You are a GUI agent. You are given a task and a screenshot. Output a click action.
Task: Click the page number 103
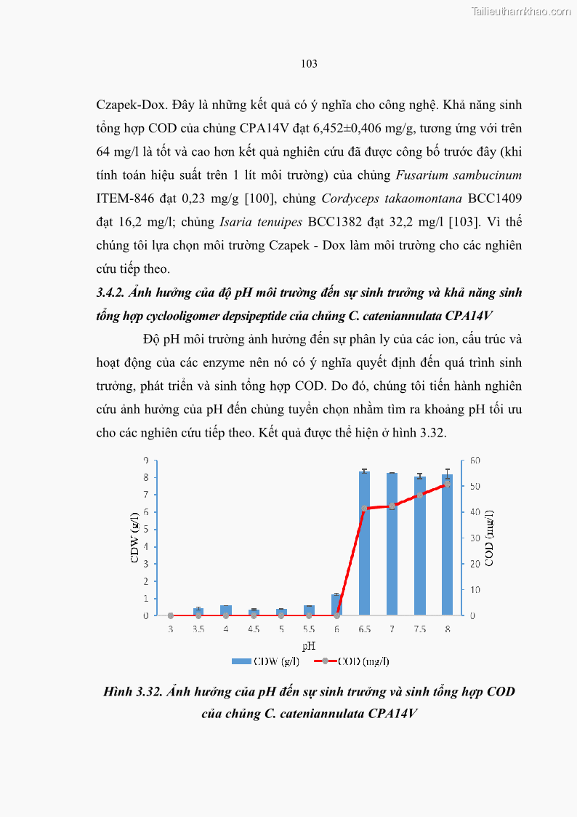pyautogui.click(x=309, y=64)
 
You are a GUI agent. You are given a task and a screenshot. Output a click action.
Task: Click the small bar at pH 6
pyautogui.click(x=336, y=605)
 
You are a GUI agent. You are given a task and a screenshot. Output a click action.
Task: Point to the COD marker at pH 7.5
pyautogui.click(x=419, y=495)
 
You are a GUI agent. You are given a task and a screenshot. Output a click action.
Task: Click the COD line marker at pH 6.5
pyautogui.click(x=364, y=509)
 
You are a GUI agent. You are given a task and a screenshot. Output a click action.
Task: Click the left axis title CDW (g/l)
pyautogui.click(x=134, y=538)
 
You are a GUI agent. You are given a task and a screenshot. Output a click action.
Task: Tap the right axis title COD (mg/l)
pyautogui.click(x=489, y=538)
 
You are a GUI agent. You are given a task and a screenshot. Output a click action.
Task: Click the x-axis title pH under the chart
pyautogui.click(x=309, y=645)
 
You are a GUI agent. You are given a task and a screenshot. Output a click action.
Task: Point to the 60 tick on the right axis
pyautogui.click(x=475, y=461)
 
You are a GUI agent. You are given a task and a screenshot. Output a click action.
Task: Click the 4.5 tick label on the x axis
pyautogui.click(x=254, y=629)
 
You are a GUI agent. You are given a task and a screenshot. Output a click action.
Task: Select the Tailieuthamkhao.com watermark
pyautogui.click(x=521, y=11)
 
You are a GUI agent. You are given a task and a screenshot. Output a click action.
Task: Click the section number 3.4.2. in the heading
pyautogui.click(x=113, y=292)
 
